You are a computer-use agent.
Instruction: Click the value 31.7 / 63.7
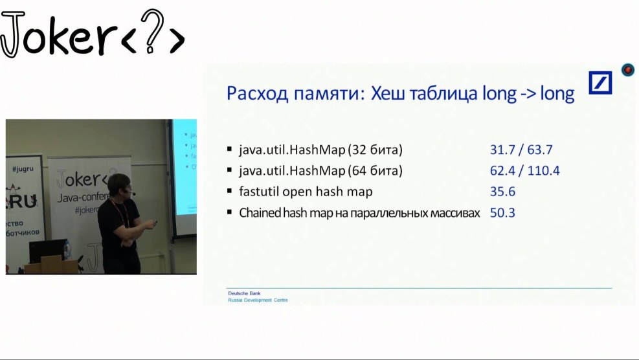tap(521, 150)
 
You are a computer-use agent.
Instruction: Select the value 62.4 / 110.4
tap(524, 171)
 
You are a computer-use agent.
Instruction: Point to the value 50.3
tap(502, 212)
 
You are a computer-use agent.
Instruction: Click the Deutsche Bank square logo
tap(600, 83)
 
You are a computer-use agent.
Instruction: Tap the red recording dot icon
tap(627, 70)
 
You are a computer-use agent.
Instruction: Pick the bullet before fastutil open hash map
tap(229, 191)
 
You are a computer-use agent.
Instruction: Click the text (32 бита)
tap(375, 150)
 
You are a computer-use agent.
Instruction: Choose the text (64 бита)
tap(375, 171)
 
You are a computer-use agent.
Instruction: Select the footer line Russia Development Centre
tap(258, 300)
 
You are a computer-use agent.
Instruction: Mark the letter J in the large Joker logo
tap(12, 36)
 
